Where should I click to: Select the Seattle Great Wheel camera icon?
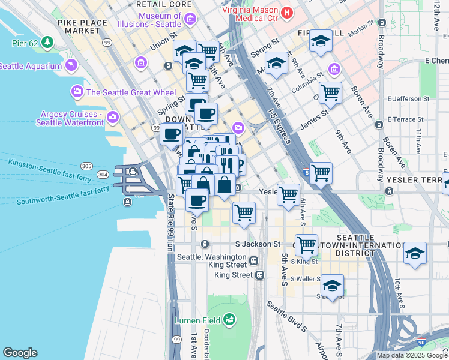pos(77,92)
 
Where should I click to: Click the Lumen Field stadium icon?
pos(229,320)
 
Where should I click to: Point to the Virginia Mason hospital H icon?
pos(287,11)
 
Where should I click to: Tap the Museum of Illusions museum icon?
pos(190,20)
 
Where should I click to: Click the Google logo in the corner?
pos(20,353)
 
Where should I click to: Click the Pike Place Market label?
pos(83,26)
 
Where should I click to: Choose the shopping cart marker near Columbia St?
pos(330,93)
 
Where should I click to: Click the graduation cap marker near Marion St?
pos(321,41)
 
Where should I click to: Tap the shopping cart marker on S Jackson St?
pos(306,244)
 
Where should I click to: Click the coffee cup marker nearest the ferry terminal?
pos(171,134)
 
